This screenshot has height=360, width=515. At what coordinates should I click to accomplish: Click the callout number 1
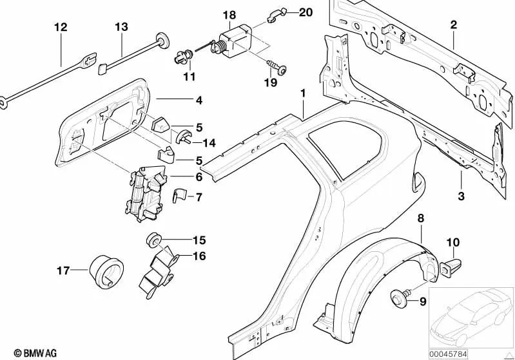(x=302, y=95)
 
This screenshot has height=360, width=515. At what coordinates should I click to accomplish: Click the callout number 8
(x=420, y=219)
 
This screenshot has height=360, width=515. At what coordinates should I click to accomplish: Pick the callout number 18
(x=229, y=14)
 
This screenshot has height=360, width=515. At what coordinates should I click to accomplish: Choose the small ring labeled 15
(x=155, y=240)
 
